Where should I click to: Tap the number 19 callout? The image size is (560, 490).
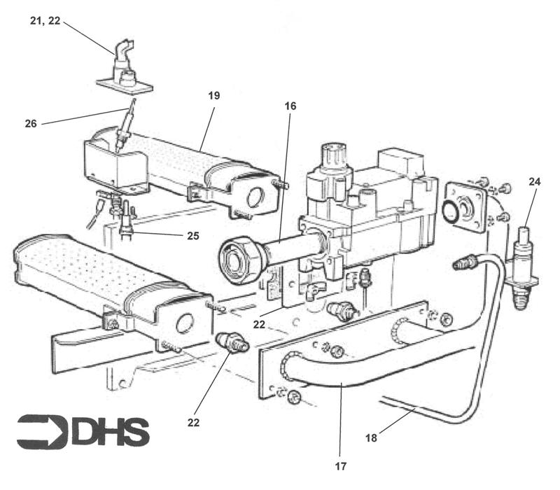213,96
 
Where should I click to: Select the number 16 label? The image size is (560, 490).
290,106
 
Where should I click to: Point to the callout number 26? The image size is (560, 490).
31,124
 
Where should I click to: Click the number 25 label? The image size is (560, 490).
192,236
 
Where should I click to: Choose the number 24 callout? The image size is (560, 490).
534,182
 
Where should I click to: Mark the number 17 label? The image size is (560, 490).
341,464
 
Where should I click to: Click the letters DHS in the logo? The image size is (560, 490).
111,432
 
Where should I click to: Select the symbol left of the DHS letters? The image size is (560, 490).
42,432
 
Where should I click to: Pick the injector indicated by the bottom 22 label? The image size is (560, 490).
230,342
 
